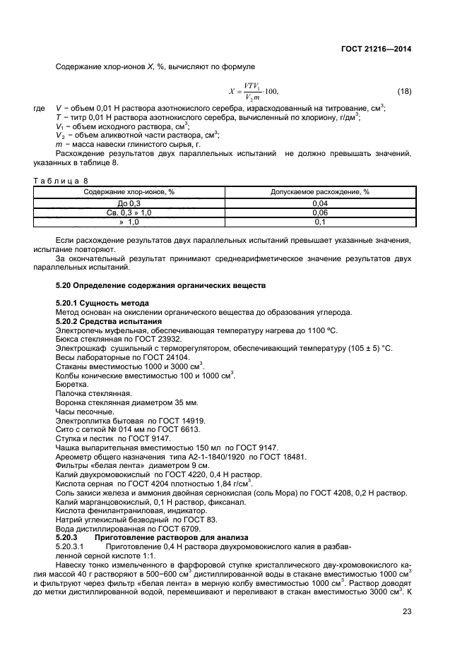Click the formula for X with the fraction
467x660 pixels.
(254, 92)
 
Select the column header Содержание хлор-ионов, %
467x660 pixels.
(129, 191)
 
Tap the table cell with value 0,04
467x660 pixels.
(320, 203)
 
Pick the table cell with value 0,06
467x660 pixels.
(320, 212)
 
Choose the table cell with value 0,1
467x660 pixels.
(320, 222)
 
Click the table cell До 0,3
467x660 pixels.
(129, 203)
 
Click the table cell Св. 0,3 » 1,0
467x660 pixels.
(129, 212)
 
